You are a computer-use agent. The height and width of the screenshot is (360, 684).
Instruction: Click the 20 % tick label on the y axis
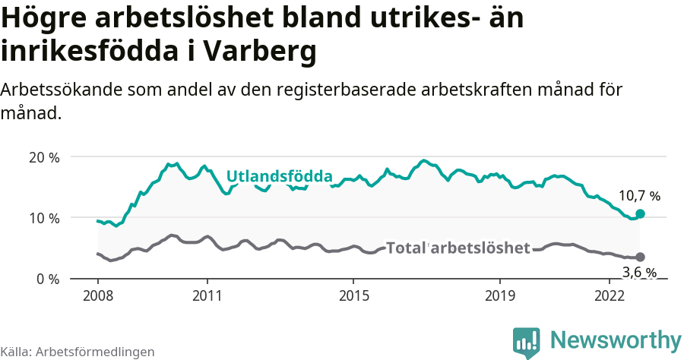[x=43, y=157]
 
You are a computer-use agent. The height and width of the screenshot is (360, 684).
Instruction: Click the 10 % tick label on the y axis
[x=43, y=218]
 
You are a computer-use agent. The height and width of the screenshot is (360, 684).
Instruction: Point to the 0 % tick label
[x=47, y=279]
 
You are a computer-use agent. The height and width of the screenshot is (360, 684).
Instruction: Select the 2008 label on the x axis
[x=98, y=295]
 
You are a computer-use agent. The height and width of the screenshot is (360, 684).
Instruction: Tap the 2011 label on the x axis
[x=207, y=295]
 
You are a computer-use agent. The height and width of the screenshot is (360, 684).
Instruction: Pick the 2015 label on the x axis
[x=353, y=295]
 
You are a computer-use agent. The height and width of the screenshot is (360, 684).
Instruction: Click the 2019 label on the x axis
[x=500, y=295]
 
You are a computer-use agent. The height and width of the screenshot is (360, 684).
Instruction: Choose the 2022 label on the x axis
[x=610, y=295]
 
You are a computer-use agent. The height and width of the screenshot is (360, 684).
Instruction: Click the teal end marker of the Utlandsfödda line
[x=640, y=214]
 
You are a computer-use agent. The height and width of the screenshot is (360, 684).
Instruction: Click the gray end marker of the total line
[x=640, y=257]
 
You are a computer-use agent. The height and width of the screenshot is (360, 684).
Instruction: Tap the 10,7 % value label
[x=639, y=196]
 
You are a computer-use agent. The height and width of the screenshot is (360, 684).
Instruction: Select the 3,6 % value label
[x=639, y=273]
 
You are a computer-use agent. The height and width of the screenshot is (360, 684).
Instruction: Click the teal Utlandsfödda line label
[x=279, y=176]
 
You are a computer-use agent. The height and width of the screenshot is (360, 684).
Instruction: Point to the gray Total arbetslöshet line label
[x=458, y=248]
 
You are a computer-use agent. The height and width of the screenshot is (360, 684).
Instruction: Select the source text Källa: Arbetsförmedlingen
[x=78, y=352]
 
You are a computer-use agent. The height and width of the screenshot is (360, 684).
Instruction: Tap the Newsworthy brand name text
[x=616, y=340]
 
